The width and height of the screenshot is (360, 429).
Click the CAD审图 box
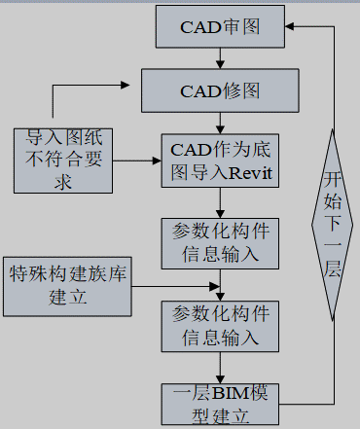pos(220,26)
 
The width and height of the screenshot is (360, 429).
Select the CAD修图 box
pos(220,91)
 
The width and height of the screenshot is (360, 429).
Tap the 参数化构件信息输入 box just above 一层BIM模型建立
pos(220,327)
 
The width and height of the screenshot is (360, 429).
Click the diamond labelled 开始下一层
pos(334,225)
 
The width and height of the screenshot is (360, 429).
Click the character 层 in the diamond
pos(334,268)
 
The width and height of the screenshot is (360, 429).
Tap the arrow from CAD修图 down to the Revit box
pos(221,124)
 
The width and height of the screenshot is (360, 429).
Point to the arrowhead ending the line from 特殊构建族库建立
pos(214,286)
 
